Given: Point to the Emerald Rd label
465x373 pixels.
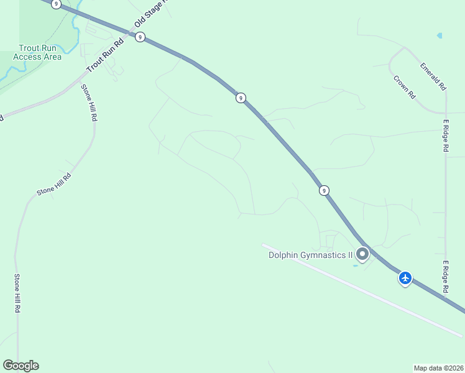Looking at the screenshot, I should tap(433, 76).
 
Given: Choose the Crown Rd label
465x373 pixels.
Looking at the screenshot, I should tap(405, 87).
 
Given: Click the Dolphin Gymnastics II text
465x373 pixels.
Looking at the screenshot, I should tap(310, 254).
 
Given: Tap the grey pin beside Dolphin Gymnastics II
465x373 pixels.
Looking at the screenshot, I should tap(362, 254).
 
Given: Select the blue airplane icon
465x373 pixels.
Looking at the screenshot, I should tap(405, 278).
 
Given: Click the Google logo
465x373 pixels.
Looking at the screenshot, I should tap(21, 366).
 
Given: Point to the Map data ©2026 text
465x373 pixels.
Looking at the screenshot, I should tap(439, 368).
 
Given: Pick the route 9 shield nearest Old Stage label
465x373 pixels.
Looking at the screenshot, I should tap(140, 37).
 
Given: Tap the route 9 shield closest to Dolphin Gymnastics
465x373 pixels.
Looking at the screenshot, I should tap(324, 190).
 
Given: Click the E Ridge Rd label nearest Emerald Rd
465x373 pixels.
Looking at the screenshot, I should tap(446, 136).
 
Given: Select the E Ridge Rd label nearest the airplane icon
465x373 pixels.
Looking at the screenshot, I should tap(446, 277).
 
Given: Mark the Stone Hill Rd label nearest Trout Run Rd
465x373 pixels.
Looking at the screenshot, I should tap(90, 103).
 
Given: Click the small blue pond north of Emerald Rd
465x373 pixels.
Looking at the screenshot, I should tap(440, 35).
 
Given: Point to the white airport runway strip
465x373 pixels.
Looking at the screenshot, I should tap(361, 289).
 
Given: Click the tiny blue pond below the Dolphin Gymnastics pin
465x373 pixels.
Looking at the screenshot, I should tap(356, 265).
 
